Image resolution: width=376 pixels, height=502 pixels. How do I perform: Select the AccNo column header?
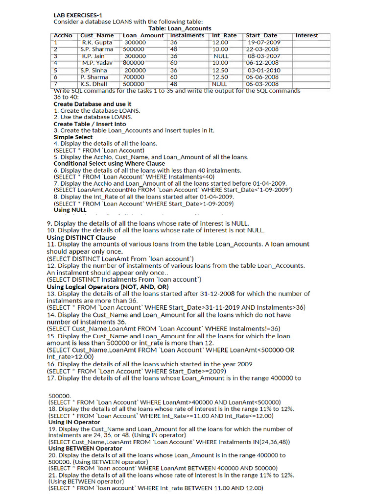(63, 35)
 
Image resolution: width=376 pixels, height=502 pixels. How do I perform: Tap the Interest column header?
(306, 35)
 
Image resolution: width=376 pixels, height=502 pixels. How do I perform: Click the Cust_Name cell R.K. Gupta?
(97, 43)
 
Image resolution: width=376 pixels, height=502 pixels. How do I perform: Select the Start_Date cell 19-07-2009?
(264, 43)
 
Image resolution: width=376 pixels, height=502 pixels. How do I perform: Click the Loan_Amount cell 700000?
(134, 77)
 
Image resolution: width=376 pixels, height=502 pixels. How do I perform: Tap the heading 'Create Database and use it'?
(92, 104)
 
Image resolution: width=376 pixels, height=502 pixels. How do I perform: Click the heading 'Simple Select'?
(73, 137)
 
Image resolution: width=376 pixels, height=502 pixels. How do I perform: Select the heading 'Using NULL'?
(70, 210)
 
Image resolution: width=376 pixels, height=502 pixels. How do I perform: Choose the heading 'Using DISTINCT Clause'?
(81, 237)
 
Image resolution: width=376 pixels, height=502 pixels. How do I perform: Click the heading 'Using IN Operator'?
(74, 422)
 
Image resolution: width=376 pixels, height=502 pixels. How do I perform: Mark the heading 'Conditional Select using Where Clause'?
(109, 164)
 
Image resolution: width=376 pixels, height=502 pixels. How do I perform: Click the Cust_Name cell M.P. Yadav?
(97, 63)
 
